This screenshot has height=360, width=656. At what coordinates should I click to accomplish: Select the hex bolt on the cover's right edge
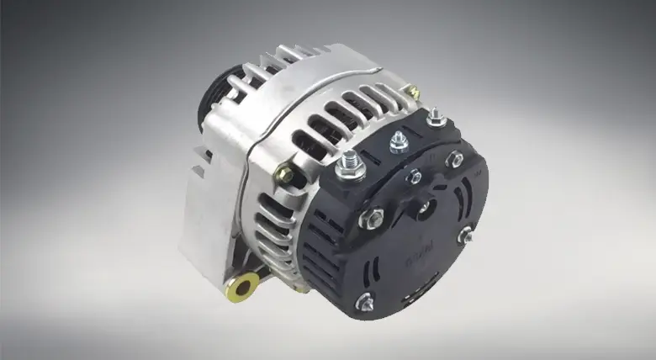click(464, 237)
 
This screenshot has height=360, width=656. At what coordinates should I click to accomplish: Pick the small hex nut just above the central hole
click(414, 176)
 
